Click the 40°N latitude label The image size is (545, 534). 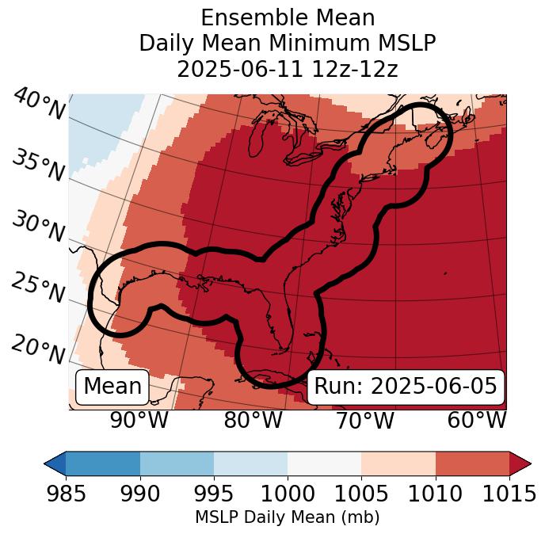coord(38,105)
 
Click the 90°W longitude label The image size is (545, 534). coord(139,421)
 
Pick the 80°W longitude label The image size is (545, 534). coord(253,421)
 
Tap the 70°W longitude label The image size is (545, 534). coord(364,421)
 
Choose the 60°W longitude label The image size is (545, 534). coord(477,421)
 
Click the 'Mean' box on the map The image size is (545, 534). coord(112,387)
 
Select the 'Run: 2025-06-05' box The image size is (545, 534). coord(406,387)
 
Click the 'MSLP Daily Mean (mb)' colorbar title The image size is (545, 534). coord(287,518)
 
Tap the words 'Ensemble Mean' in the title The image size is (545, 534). coord(288,17)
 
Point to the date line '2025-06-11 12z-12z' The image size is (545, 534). coord(288,69)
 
